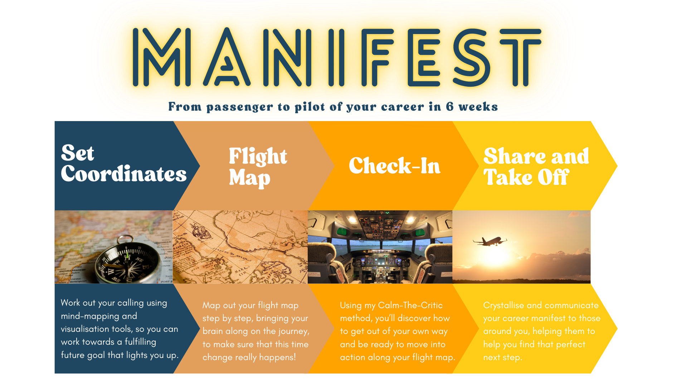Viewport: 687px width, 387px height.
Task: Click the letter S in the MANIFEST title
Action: click(472, 57)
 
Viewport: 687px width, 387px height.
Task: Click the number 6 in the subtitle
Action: click(450, 106)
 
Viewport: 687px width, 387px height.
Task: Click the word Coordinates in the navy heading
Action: click(124, 174)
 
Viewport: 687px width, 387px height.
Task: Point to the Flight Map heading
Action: click(258, 167)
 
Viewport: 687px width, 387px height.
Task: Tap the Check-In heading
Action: click(395, 166)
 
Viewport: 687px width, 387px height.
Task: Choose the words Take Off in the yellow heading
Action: click(526, 177)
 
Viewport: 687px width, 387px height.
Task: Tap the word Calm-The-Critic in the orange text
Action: click(410, 305)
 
